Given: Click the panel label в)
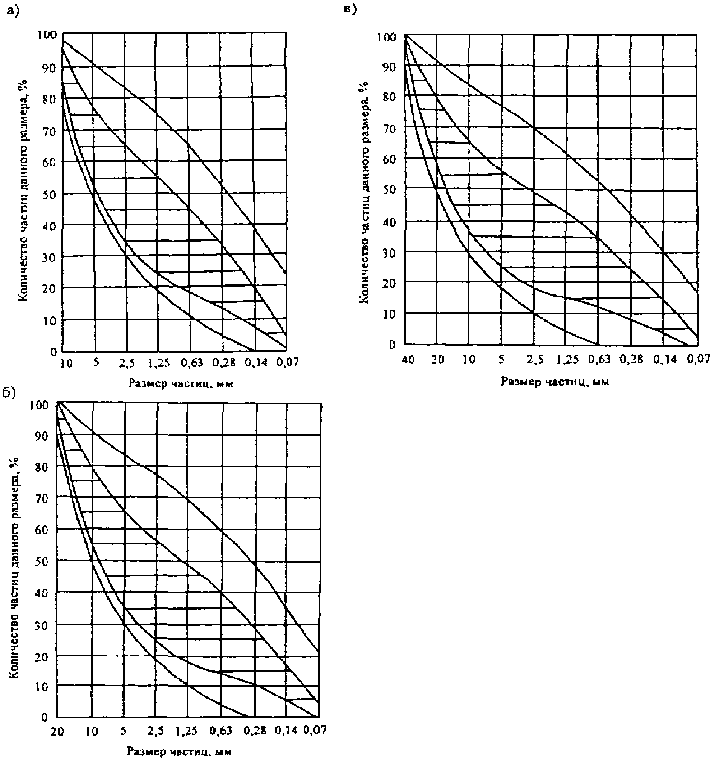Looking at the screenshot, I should [350, 9].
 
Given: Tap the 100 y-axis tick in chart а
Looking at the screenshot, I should [47, 34].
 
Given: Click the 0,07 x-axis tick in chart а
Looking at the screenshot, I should [287, 362].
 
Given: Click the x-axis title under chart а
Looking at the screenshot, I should [180, 383].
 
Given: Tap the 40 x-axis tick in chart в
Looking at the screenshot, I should [408, 360].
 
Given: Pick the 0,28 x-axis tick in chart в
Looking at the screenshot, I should [631, 359].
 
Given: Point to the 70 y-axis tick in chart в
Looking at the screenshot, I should [389, 129].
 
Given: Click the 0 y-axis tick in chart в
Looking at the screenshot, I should [392, 344].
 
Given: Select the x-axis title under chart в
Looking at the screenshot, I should [555, 381].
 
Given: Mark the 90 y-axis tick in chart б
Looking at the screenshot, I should [42, 435].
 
